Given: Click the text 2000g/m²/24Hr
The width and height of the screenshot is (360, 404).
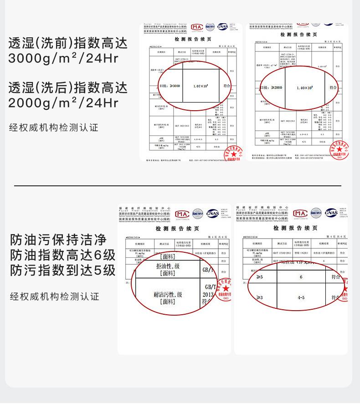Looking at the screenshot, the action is pyautogui.click(x=63, y=103).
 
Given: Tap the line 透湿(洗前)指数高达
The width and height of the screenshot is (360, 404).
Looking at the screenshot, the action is pyautogui.click(x=67, y=43).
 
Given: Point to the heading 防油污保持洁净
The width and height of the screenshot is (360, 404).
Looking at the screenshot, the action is pyautogui.click(x=58, y=240).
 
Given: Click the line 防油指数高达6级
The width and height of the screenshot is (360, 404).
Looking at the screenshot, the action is pyautogui.click(x=63, y=255).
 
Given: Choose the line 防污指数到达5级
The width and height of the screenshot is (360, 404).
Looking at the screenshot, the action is pyautogui.click(x=63, y=271).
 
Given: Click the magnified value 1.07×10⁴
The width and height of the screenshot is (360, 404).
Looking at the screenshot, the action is pyautogui.click(x=201, y=86).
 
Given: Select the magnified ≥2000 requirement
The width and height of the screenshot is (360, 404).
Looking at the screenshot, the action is pyautogui.click(x=272, y=87).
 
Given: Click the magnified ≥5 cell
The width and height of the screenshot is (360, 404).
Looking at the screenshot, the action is pyautogui.click(x=260, y=276).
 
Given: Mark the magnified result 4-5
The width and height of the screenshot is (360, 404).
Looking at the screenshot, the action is pyautogui.click(x=301, y=297).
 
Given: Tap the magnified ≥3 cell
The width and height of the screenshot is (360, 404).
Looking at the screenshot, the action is pyautogui.click(x=260, y=297).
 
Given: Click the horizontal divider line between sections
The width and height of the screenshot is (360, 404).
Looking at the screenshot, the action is pyautogui.click(x=178, y=186).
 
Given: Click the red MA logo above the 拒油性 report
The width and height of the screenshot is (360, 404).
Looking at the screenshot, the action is pyautogui.click(x=182, y=214).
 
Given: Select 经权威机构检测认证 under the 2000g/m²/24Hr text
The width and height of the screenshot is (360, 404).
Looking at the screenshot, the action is pyautogui.click(x=54, y=128).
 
